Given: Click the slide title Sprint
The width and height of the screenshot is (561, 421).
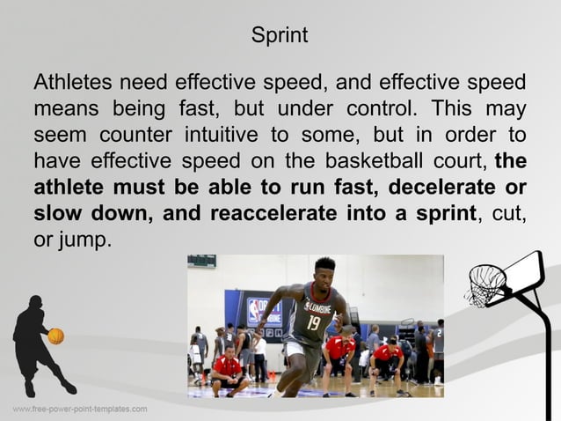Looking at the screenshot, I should (x=280, y=36).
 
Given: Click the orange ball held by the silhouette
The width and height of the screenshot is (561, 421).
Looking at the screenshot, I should (x=55, y=336).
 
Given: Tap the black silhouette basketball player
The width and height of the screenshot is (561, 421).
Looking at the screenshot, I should (x=37, y=343).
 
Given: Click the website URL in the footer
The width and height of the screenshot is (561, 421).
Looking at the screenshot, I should (x=79, y=410).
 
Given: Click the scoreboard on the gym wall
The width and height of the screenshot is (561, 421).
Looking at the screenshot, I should (x=202, y=262).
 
